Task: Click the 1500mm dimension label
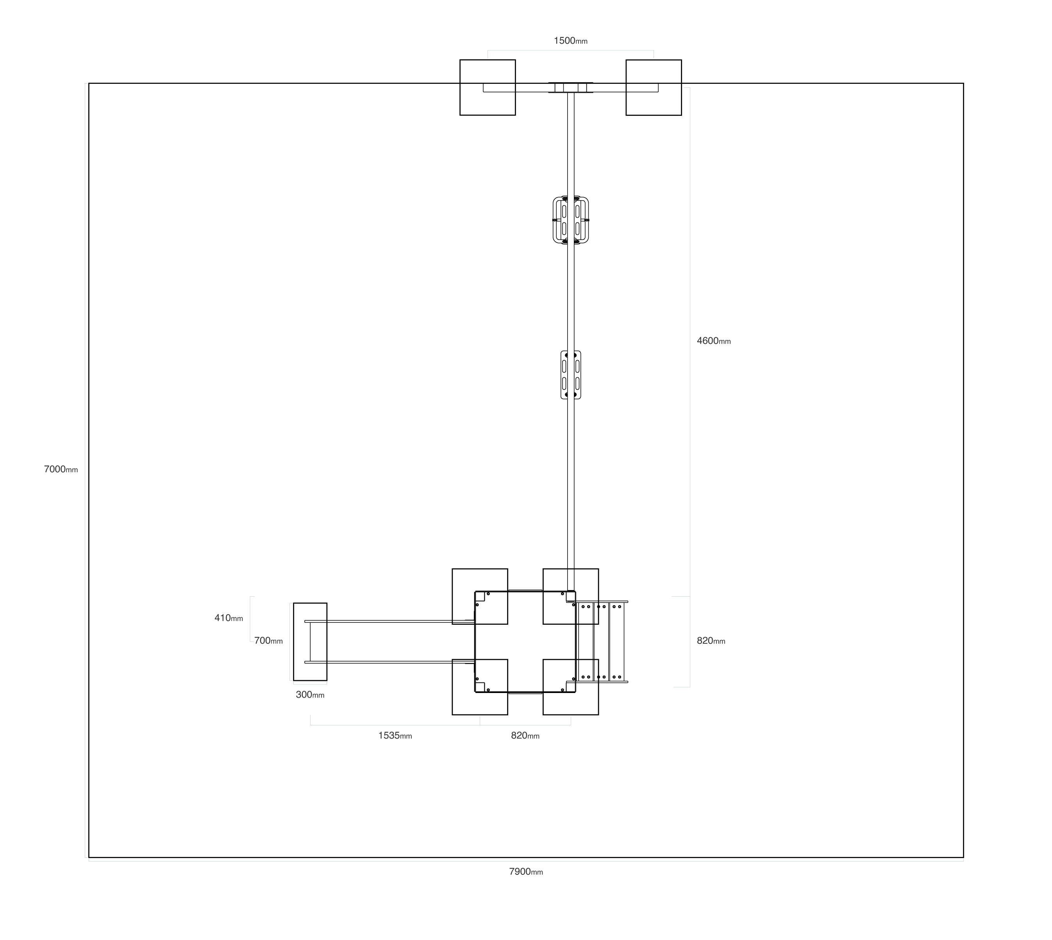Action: tap(570, 41)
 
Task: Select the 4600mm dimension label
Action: tap(713, 341)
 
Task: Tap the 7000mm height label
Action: tap(61, 469)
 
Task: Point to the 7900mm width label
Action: tap(526, 872)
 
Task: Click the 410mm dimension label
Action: tap(229, 618)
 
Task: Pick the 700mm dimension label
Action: tap(268, 641)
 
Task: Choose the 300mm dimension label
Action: tap(310, 695)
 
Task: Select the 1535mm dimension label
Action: tap(395, 736)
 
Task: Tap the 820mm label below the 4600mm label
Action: tap(711, 641)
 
